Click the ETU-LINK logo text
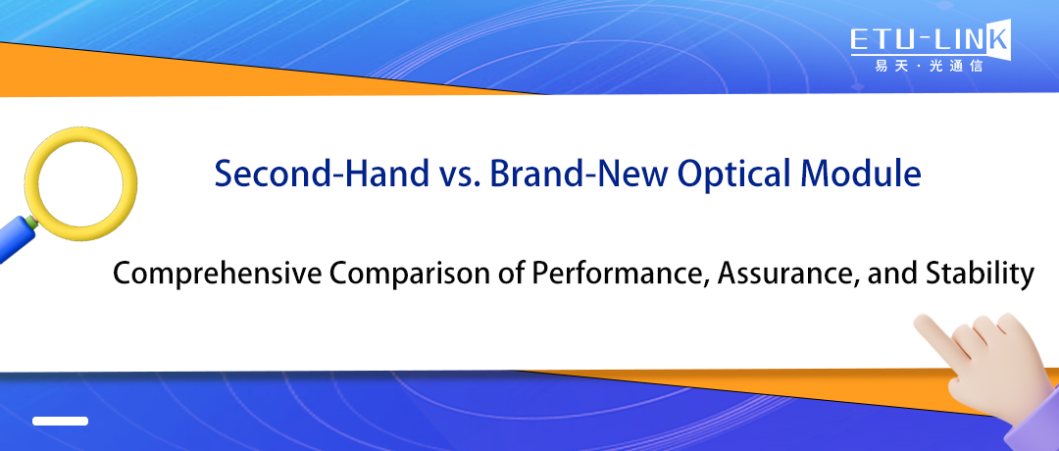click(927, 40)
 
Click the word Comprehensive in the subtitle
click(217, 276)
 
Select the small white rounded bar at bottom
click(60, 421)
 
